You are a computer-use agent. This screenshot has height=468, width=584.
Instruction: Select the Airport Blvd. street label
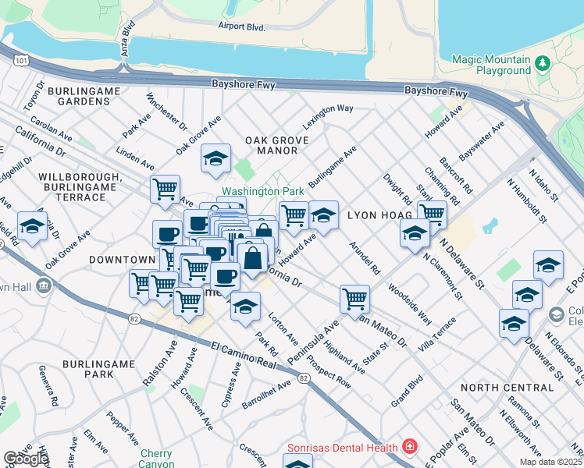[x=242, y=26]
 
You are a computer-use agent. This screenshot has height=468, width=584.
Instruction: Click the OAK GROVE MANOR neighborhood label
[x=277, y=146]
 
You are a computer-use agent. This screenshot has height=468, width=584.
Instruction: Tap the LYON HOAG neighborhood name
[x=378, y=214]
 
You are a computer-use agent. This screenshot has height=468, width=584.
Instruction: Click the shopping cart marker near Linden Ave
[x=166, y=188]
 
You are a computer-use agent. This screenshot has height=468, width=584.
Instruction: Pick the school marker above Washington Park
[x=215, y=158]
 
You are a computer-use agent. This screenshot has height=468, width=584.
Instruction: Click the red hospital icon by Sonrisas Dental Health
[x=409, y=447]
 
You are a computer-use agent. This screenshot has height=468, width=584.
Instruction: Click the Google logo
[x=26, y=459]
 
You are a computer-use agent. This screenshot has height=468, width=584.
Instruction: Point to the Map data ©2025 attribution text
[x=550, y=462]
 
